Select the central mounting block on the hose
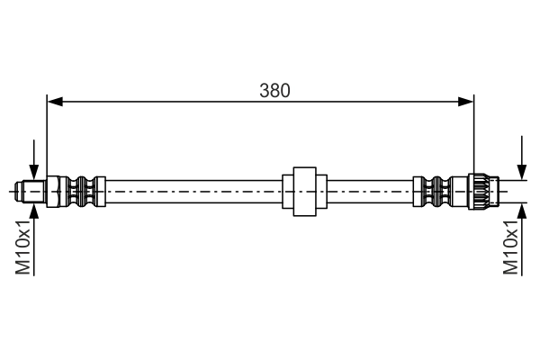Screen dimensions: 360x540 (x=303, y=191)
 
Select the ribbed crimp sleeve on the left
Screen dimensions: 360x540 (x=82, y=191)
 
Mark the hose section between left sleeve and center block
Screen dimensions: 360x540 (x=193, y=191)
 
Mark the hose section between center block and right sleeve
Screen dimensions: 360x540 (x=369, y=191)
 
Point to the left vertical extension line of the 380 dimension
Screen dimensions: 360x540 (x=47, y=135)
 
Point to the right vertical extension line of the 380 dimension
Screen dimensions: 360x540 (x=473, y=135)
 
